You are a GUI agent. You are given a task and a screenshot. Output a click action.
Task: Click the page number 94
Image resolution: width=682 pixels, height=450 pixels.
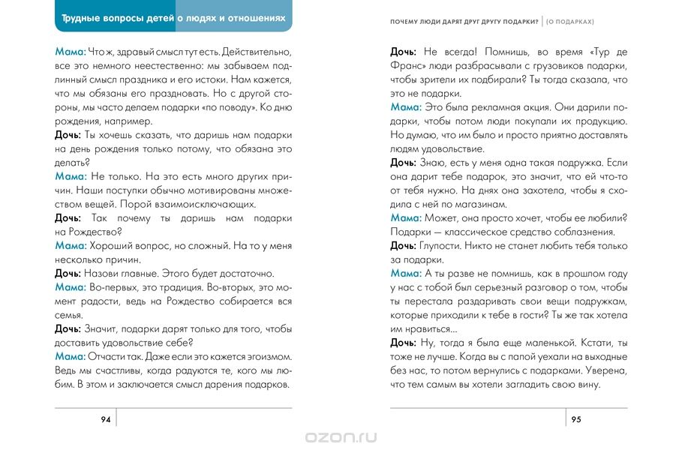tap(106, 419)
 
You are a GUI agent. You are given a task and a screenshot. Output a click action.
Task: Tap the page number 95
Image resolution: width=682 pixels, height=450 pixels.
tap(576, 419)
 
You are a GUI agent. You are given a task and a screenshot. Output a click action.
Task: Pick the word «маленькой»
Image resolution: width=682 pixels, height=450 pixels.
tap(545, 343)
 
